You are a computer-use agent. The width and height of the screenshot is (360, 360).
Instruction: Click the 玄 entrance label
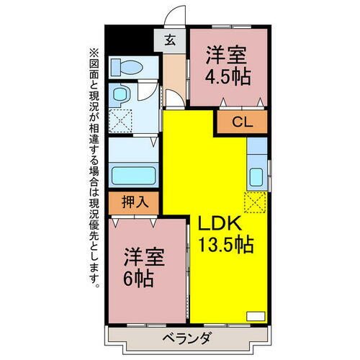pyautogui.click(x=171, y=40)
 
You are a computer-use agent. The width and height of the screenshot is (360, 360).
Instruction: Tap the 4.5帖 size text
pyautogui.click(x=228, y=76)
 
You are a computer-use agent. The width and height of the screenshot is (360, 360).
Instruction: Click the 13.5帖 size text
pyautogui.click(x=225, y=245)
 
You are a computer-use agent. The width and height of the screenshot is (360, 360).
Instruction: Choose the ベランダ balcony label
pyautogui.click(x=185, y=338)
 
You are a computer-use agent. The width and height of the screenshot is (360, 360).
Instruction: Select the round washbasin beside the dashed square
pyautogui.click(x=122, y=94)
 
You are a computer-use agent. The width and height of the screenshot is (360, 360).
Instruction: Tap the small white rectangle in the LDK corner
pyautogui.click(x=256, y=314)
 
